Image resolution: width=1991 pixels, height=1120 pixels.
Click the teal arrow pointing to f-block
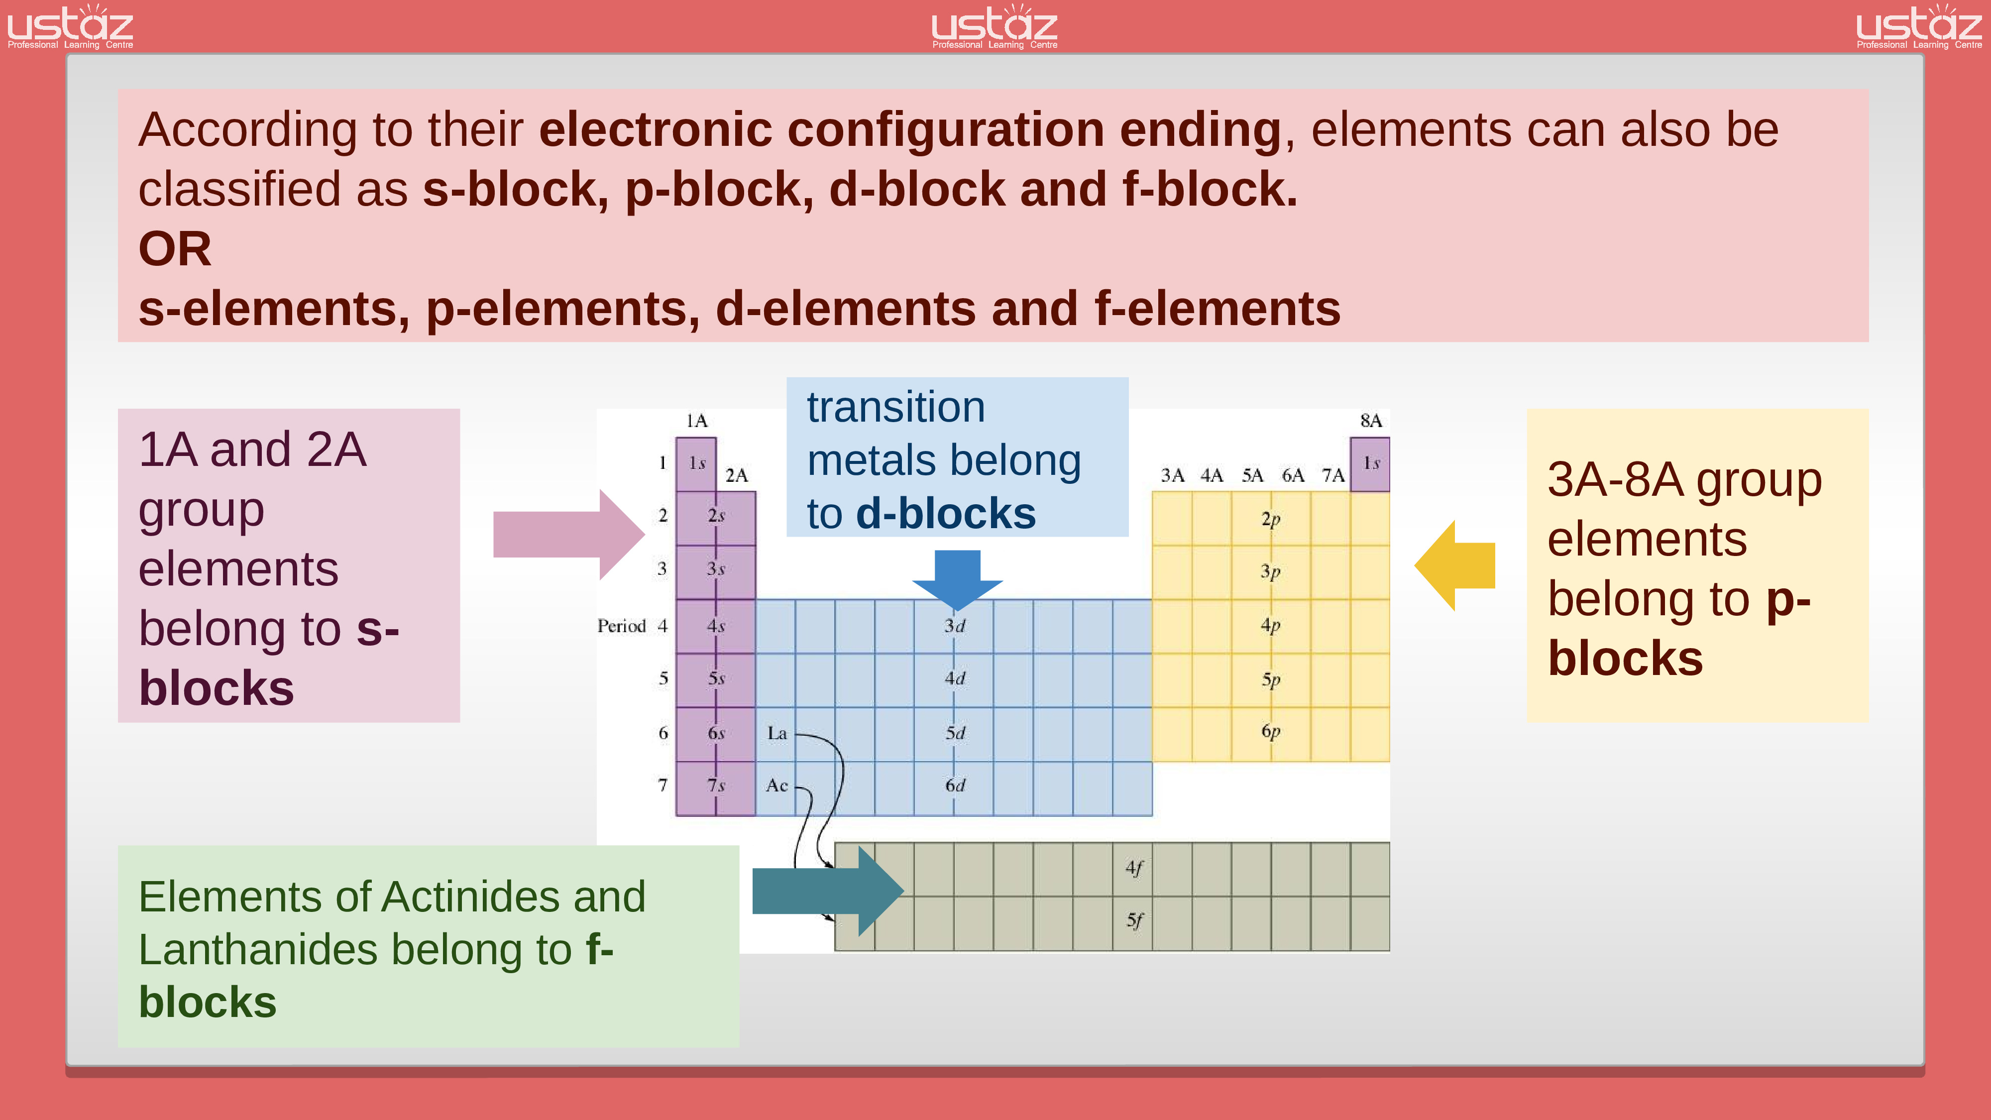coord(827,891)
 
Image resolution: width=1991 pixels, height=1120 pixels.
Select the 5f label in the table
coord(1134,920)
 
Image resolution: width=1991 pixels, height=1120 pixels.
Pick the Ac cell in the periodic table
coord(777,786)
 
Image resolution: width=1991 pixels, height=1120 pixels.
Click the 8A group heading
coord(1370,421)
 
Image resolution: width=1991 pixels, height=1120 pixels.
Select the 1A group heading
coord(696,421)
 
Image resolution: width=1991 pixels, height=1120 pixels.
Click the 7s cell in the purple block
coord(716,786)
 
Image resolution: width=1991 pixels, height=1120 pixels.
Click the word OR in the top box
coord(175,249)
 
